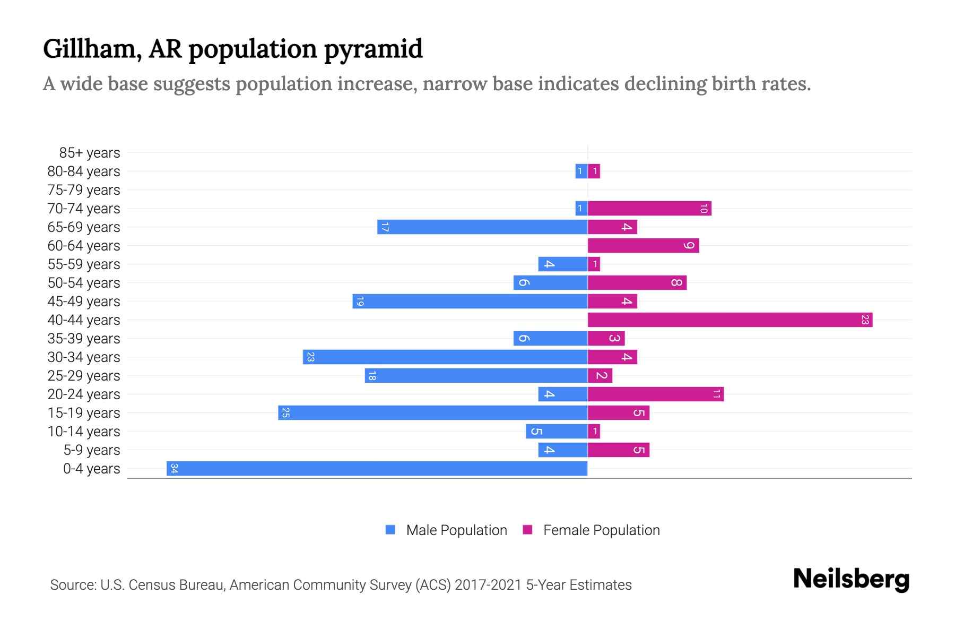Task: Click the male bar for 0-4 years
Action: pos(377,468)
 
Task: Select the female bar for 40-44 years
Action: pos(730,320)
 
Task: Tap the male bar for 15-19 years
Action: pos(432,412)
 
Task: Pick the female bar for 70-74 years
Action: pos(649,208)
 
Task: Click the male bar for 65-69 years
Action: pos(482,227)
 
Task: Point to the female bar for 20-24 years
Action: pos(655,394)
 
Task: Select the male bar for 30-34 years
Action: pos(445,357)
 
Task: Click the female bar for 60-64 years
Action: pos(643,245)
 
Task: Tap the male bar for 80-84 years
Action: pos(581,171)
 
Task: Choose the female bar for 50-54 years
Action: pos(637,282)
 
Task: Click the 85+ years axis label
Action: pos(89,153)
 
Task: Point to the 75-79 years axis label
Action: pos(83,190)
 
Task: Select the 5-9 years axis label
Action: pos(91,450)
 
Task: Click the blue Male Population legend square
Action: pos(390,530)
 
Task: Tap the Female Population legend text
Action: pos(601,530)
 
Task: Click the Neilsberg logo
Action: pos(851,579)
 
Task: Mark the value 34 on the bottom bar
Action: pos(174,468)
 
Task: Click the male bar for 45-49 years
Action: pos(470,301)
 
